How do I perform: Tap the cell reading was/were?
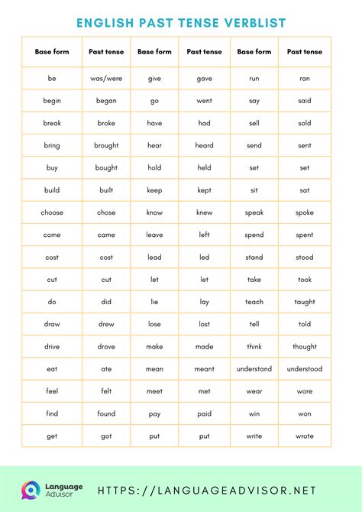(106, 79)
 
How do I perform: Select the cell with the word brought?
(106, 145)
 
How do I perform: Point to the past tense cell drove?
(106, 346)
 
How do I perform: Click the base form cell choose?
(52, 212)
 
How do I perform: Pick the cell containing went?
(204, 101)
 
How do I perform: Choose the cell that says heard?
(204, 145)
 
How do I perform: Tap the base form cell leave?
(154, 235)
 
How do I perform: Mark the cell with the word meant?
(204, 368)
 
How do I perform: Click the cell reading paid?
(204, 413)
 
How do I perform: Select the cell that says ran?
(304, 79)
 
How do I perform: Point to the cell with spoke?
(304, 212)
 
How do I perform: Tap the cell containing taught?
(304, 302)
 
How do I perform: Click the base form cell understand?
(254, 368)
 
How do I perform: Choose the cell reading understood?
(304, 368)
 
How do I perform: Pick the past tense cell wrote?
(304, 436)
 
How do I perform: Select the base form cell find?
(52, 413)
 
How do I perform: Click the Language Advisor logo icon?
(31, 490)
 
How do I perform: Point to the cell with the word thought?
(304, 346)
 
